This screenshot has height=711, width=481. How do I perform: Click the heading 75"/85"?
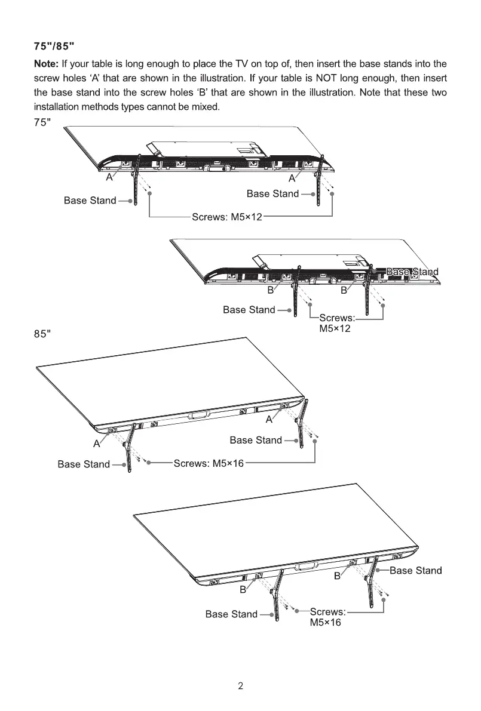coord(54,46)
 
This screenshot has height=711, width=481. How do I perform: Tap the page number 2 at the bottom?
coord(240,686)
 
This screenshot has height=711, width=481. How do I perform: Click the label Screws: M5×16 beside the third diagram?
coord(209,463)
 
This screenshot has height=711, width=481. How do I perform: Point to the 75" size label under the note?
coord(41,122)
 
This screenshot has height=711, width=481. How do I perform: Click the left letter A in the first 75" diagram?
coord(109,178)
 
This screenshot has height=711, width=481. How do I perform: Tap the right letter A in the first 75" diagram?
coord(292,178)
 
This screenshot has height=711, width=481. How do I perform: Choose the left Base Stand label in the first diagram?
coord(90,201)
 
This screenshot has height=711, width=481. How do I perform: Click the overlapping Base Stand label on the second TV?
coord(412,272)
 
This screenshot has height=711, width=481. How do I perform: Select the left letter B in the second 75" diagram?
coord(270,291)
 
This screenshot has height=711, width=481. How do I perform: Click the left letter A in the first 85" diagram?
coord(96,444)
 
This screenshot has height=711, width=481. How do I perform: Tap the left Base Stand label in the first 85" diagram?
coord(84,464)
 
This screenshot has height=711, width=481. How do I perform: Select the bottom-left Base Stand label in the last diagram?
coord(231,614)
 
